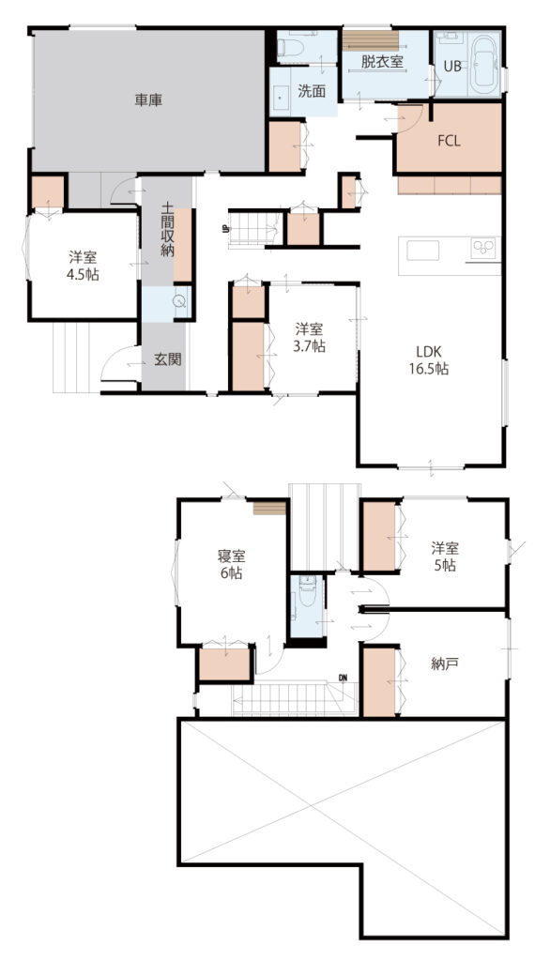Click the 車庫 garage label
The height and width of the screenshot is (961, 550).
point(148,100)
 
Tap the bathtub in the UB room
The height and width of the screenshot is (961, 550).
point(484,65)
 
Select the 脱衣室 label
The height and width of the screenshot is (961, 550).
point(381,62)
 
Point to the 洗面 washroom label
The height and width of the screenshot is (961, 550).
point(312,92)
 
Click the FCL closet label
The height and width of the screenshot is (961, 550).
point(449,141)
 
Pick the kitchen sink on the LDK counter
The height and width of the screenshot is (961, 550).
point(422,251)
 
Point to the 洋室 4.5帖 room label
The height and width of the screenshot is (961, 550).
point(83,266)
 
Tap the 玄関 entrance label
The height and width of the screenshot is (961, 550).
point(167,359)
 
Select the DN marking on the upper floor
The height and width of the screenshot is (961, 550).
point(343,678)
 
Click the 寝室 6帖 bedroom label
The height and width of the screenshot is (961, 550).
point(231,564)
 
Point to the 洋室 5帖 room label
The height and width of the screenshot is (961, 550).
point(445,557)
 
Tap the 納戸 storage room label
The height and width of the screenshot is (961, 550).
point(445,664)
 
